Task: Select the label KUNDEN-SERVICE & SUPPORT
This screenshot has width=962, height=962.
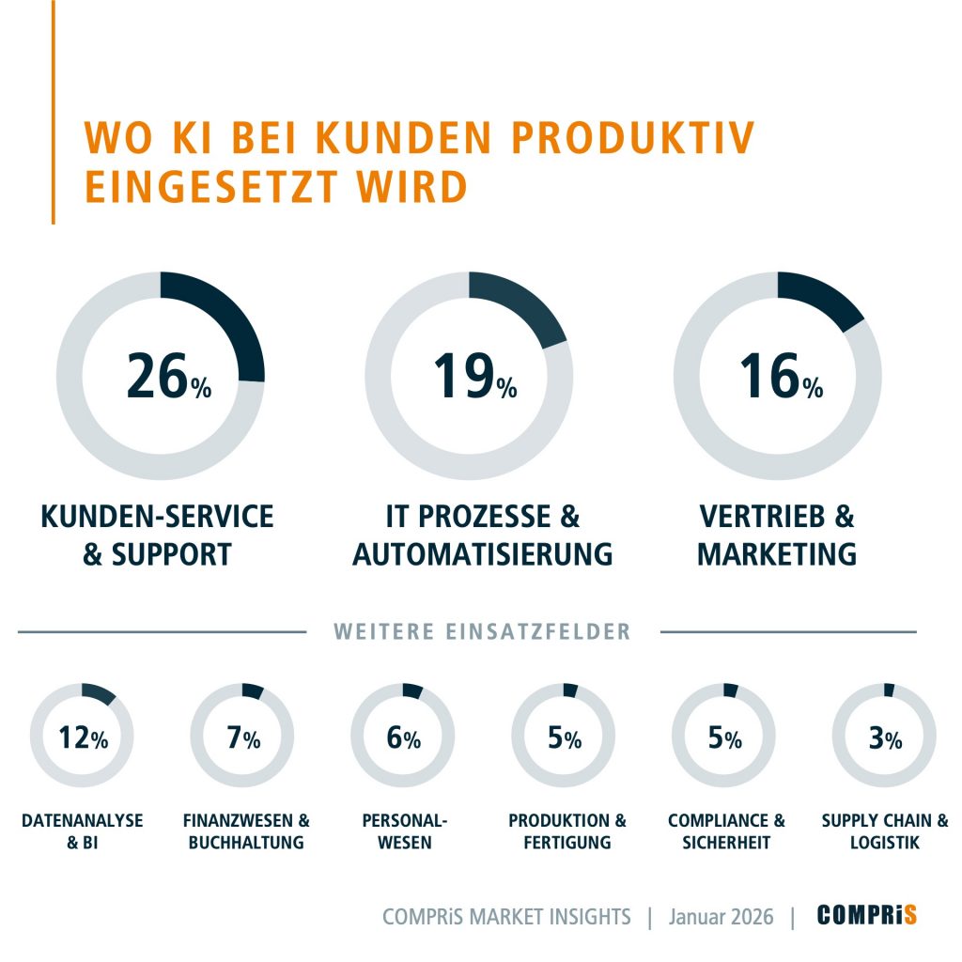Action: pos(158,535)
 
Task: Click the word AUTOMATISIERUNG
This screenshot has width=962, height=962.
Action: pos(482,554)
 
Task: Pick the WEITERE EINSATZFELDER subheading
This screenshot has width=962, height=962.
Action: pos(483,632)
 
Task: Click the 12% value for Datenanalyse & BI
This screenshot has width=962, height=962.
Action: pos(83,738)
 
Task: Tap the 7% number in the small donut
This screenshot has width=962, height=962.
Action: pos(243,738)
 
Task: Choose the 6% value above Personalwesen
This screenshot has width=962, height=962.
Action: pos(403,738)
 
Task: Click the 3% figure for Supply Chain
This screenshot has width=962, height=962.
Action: pos(884,738)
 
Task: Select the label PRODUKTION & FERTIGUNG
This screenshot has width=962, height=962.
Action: pos(567,831)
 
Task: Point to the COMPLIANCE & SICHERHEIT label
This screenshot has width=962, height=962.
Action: pos(726,831)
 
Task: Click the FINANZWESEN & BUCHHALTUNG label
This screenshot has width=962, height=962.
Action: pos(246,831)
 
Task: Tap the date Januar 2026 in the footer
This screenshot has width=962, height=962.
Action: pos(721,917)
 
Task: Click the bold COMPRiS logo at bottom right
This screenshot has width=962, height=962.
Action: pos(866,915)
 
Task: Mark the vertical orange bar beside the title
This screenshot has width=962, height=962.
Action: pos(54,113)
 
